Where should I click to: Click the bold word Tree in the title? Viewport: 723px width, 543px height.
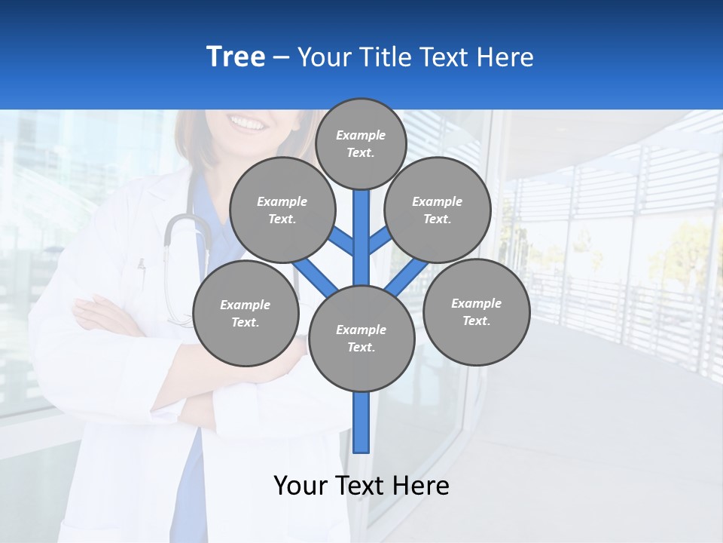coord(236,57)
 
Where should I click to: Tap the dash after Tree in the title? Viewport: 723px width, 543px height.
coord(281,58)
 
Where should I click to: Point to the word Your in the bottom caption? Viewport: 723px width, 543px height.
coord(300,486)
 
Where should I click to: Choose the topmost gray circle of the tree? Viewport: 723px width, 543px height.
coord(361,143)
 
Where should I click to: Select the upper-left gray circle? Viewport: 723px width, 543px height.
coord(282,210)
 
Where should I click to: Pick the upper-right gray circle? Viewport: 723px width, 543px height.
coord(438,210)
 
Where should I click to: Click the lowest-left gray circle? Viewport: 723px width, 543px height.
coord(246,313)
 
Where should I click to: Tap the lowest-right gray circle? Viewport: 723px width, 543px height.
coord(476,311)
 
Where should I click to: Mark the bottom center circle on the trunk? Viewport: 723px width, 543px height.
coord(361,338)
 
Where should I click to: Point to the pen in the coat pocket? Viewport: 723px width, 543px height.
coord(140,265)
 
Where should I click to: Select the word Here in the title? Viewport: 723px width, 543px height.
coord(505,57)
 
